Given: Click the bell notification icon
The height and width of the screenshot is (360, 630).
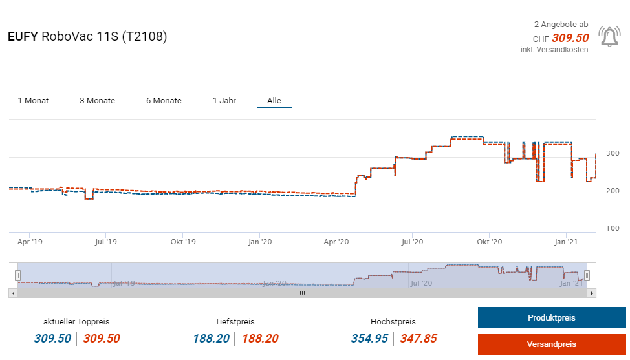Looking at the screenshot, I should tap(609, 37).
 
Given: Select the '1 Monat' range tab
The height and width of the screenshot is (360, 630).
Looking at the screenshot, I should tap(33, 101).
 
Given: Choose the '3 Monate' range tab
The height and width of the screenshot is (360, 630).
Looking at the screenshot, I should tap(97, 101).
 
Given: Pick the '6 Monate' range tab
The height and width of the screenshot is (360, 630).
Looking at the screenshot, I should tap(164, 101).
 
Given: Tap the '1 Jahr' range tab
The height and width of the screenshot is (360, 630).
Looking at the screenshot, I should tap(224, 101).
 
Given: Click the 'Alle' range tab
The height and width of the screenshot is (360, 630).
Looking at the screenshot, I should tap(274, 101).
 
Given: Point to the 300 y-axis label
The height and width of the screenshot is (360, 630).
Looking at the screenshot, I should tap(613, 153).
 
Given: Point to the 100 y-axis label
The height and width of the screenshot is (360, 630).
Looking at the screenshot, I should tap(613, 228).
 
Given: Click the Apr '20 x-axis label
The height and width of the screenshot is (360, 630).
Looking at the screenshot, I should tap(336, 242).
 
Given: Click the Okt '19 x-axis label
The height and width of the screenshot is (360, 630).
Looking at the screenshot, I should tap(183, 242).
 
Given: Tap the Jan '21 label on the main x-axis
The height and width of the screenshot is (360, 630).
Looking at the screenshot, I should tap(567, 242).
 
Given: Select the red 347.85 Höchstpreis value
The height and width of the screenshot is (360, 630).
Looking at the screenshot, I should tap(418, 338).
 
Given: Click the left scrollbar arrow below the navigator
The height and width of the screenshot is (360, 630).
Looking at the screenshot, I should tap(12, 293).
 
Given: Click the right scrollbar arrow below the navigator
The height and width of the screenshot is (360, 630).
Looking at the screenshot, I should tap(592, 293).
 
